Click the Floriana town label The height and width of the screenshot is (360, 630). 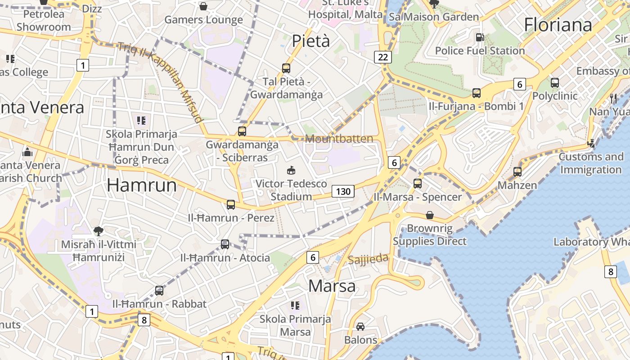(558, 25)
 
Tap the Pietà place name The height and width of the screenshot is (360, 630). (311, 41)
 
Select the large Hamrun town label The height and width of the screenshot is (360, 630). (142, 185)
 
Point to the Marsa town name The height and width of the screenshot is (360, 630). (333, 286)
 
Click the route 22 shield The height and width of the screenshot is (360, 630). (383, 57)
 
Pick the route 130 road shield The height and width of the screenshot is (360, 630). (343, 191)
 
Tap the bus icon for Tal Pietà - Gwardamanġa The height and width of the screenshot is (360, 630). (286, 68)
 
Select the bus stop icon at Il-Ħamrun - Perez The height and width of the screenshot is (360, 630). (231, 205)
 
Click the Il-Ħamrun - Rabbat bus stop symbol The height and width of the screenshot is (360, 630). (159, 291)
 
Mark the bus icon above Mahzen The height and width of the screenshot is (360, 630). (517, 172)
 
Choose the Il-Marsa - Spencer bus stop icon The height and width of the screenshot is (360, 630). (418, 184)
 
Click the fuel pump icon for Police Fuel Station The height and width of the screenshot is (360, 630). (480, 37)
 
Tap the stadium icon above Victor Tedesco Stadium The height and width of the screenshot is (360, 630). (291, 171)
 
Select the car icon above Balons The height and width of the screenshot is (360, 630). (360, 326)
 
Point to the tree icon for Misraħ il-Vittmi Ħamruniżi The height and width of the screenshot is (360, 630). (98, 231)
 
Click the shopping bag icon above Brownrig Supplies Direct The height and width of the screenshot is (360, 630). (430, 215)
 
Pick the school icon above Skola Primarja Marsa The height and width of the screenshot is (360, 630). (295, 306)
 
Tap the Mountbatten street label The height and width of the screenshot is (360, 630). (339, 139)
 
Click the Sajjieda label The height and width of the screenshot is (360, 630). (368, 259)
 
